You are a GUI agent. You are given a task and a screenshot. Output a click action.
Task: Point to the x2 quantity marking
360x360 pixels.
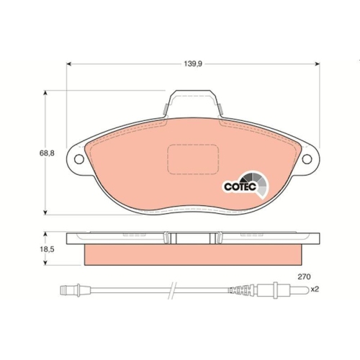pos(314,290)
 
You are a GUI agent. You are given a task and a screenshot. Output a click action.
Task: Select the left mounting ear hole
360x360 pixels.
pos(73,160)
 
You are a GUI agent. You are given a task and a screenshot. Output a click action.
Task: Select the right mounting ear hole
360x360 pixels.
pos(312,160)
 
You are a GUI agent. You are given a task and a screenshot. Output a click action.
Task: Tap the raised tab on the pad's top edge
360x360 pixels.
pos(192,102)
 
